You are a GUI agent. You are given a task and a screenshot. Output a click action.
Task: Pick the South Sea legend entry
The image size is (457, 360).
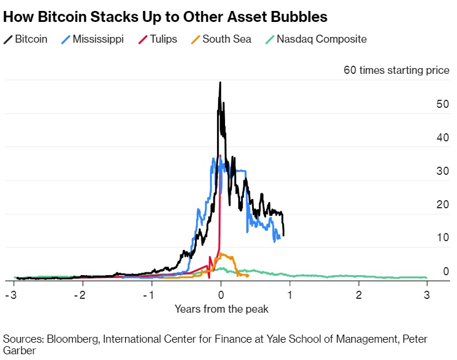click(x=218, y=39)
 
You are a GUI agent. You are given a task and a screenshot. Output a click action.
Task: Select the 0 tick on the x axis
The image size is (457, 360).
click(x=220, y=295)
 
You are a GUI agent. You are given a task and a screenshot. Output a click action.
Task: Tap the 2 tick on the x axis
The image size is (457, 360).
click(x=358, y=295)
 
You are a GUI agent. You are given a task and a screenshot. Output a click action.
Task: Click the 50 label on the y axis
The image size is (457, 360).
click(x=442, y=104)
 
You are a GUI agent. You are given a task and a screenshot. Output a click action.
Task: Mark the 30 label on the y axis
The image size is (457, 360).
click(x=442, y=171)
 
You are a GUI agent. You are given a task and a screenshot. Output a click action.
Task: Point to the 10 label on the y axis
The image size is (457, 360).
click(x=442, y=238)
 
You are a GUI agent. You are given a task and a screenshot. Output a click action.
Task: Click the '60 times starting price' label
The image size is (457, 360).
click(x=396, y=70)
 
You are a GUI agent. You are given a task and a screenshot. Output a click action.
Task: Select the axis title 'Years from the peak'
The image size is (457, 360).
click(x=222, y=309)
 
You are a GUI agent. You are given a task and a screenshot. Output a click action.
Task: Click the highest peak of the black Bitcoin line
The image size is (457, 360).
click(x=220, y=82)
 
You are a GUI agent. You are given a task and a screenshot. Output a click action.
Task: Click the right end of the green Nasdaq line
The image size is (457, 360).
click(x=426, y=277)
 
